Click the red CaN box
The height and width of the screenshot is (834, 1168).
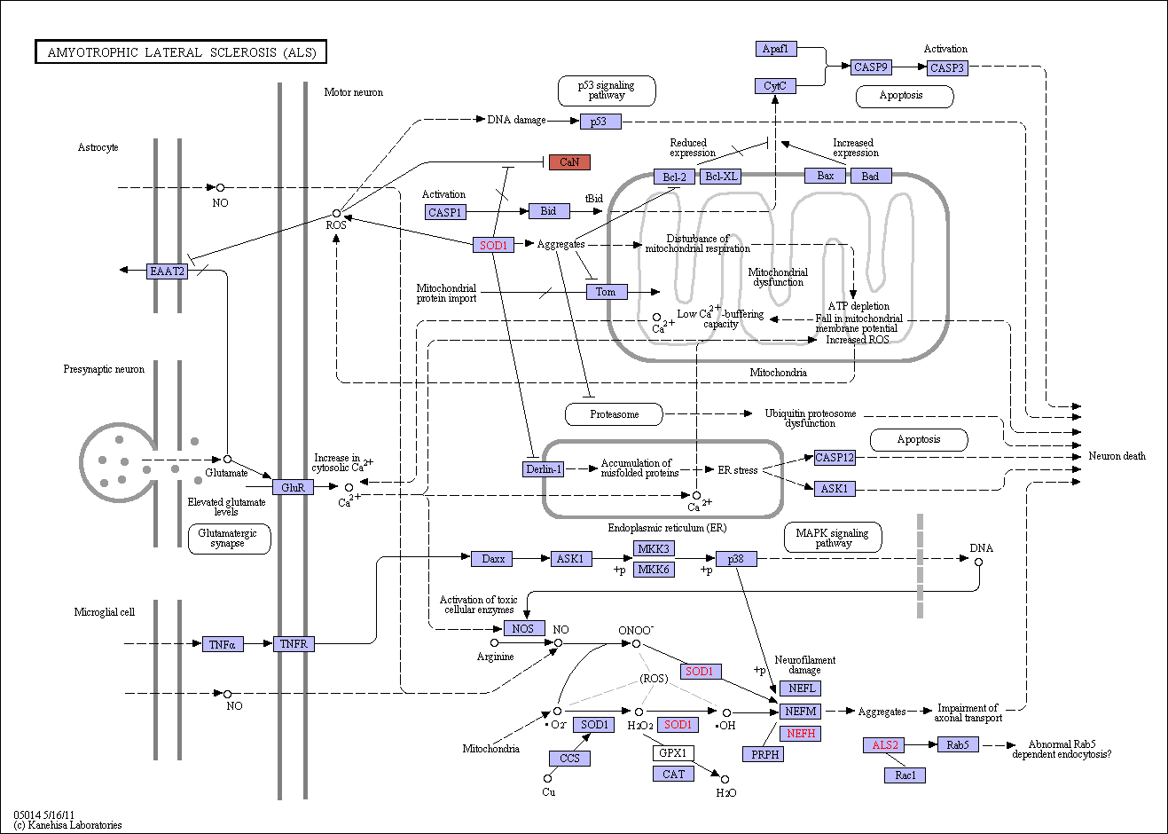569,162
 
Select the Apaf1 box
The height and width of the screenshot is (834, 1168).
775,49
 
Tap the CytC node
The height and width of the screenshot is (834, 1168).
775,85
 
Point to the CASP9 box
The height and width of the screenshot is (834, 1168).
871,67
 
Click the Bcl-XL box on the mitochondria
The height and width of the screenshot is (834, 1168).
721,177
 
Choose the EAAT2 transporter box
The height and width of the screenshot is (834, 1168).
167,271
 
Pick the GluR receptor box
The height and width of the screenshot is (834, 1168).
293,487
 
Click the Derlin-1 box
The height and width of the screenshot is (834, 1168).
544,468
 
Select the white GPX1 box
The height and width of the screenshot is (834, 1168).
673,752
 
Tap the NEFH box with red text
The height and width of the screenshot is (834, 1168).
800,734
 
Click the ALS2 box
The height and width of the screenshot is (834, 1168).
885,744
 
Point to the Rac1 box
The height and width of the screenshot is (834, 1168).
905,775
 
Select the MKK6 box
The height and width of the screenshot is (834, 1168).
654,569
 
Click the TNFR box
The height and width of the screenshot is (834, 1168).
294,643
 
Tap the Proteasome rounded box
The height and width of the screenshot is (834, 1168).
615,414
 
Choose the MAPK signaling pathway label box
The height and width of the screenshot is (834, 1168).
833,538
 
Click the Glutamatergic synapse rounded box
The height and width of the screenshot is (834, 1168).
230,539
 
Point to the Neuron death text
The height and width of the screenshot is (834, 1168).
1117,456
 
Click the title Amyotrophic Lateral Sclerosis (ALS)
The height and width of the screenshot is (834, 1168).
181,51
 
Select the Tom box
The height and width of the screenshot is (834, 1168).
607,292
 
